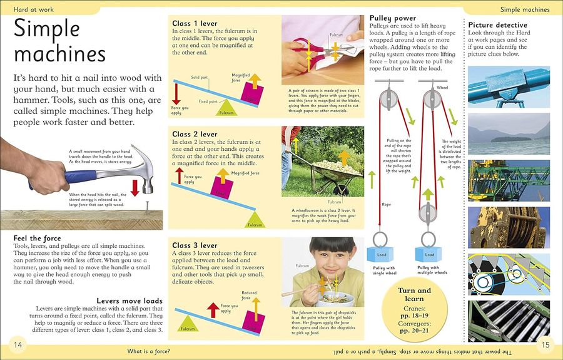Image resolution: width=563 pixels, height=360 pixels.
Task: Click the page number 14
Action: tap(18, 345)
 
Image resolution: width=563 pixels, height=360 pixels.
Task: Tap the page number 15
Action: tap(545, 345)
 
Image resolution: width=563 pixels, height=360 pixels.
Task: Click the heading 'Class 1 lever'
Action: tap(195, 24)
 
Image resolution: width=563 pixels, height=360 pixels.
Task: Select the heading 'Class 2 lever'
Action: tap(195, 134)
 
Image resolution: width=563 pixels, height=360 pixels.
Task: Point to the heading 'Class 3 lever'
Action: tap(195, 245)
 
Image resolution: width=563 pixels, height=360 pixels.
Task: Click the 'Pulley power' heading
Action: tap(392, 19)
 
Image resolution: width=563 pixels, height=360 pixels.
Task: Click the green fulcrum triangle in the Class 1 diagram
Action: tap(227, 109)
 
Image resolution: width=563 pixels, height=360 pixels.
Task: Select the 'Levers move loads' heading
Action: tap(129, 301)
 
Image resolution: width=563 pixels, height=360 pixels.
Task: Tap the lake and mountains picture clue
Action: tap(509, 130)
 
